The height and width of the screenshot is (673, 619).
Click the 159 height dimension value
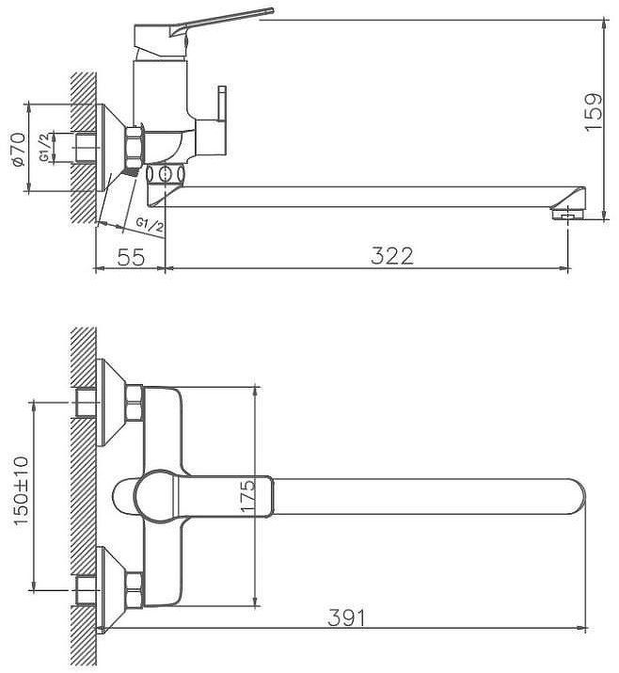[x=594, y=112]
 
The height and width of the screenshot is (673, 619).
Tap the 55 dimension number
[x=132, y=256]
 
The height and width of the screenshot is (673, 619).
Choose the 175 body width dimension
[x=247, y=495]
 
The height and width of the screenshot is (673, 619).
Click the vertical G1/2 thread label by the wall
[x=44, y=149]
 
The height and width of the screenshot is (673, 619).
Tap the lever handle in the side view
[x=216, y=21]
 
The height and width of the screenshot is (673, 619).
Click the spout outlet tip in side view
[x=569, y=213]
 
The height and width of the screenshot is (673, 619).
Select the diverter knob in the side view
[x=223, y=104]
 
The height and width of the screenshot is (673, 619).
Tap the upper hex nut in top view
[x=134, y=401]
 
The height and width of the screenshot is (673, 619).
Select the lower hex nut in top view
[x=134, y=589]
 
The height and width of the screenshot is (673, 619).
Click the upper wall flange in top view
[x=112, y=401]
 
